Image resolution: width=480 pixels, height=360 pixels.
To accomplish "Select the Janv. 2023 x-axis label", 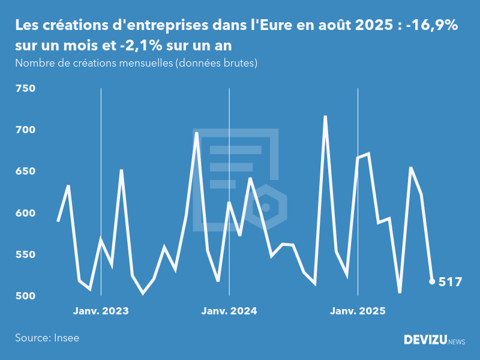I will pyautogui.click(x=101, y=311).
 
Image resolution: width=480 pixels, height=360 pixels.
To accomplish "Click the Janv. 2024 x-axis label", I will pyautogui.click(x=229, y=311).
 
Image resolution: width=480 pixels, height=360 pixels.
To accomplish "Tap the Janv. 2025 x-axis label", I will pyautogui.click(x=358, y=311).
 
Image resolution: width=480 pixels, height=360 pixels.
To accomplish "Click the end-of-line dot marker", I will pyautogui.click(x=432, y=281).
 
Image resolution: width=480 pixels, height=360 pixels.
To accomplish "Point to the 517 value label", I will pyautogui.click(x=450, y=281).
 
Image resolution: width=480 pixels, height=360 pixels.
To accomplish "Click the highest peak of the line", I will pyautogui.click(x=325, y=116).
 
